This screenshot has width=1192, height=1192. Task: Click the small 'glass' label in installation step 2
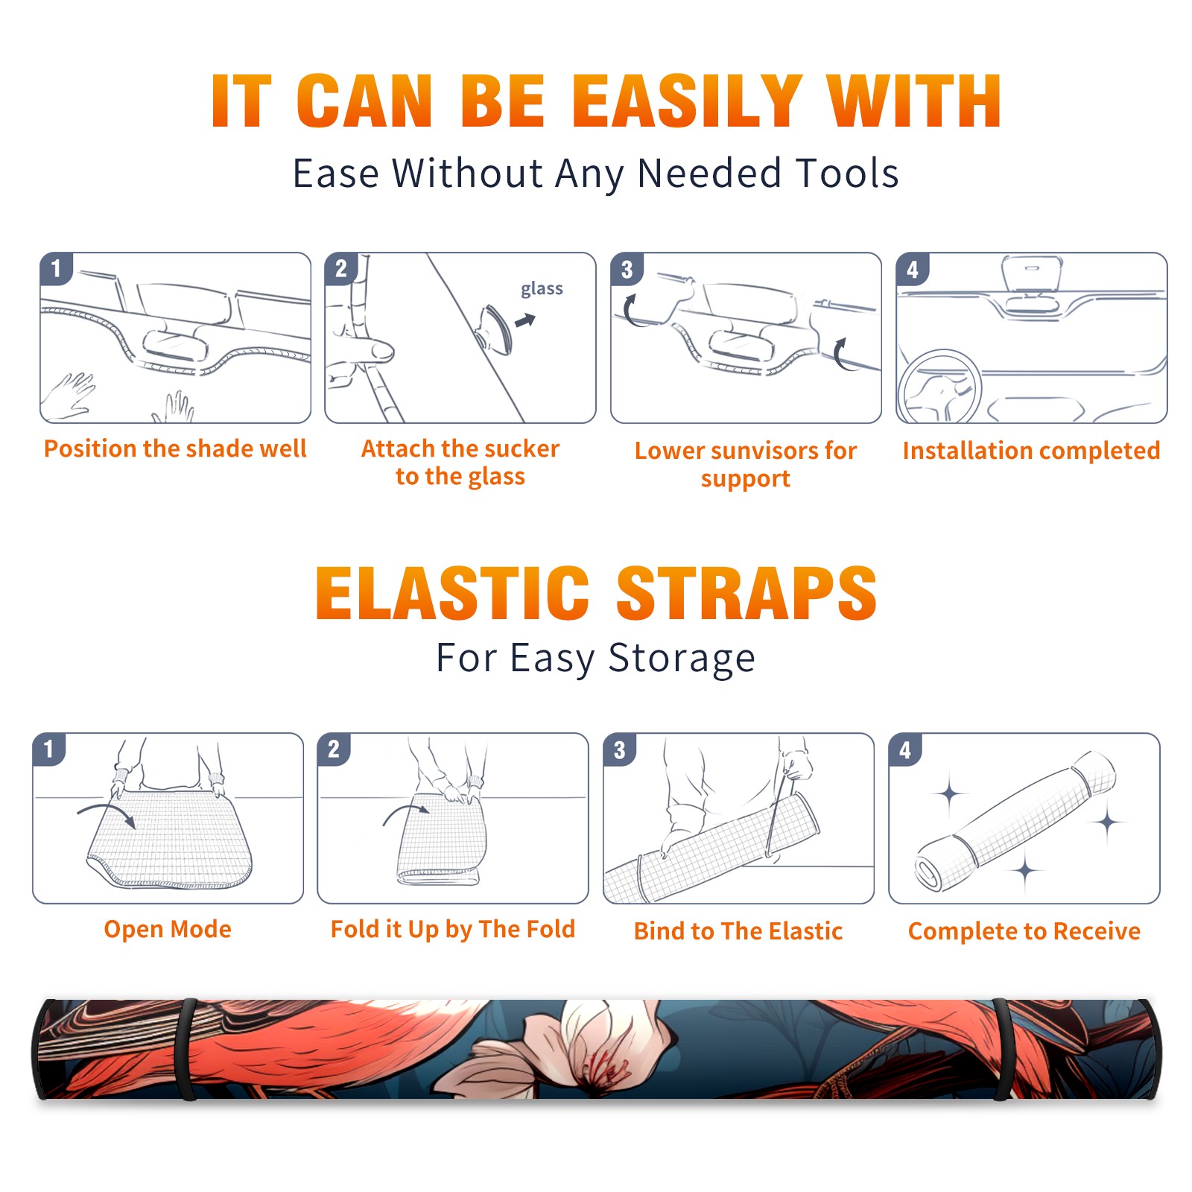pyautogui.click(x=542, y=289)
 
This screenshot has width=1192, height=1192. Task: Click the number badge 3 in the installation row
pyautogui.click(x=627, y=269)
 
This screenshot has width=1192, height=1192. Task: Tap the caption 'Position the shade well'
pyautogui.click(x=175, y=448)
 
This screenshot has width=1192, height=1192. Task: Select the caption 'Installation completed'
pyautogui.click(x=1031, y=450)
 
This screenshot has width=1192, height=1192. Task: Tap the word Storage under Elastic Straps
pyautogui.click(x=682, y=659)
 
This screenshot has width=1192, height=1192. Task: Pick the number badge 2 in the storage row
pyautogui.click(x=334, y=749)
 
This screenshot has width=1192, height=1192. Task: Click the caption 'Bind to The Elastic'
pyautogui.click(x=738, y=931)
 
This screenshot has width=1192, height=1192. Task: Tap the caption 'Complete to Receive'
pyautogui.click(x=1024, y=931)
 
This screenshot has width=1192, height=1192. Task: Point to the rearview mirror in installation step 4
pyautogui.click(x=1031, y=275)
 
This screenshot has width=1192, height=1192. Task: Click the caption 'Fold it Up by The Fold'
pyautogui.click(x=453, y=929)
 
